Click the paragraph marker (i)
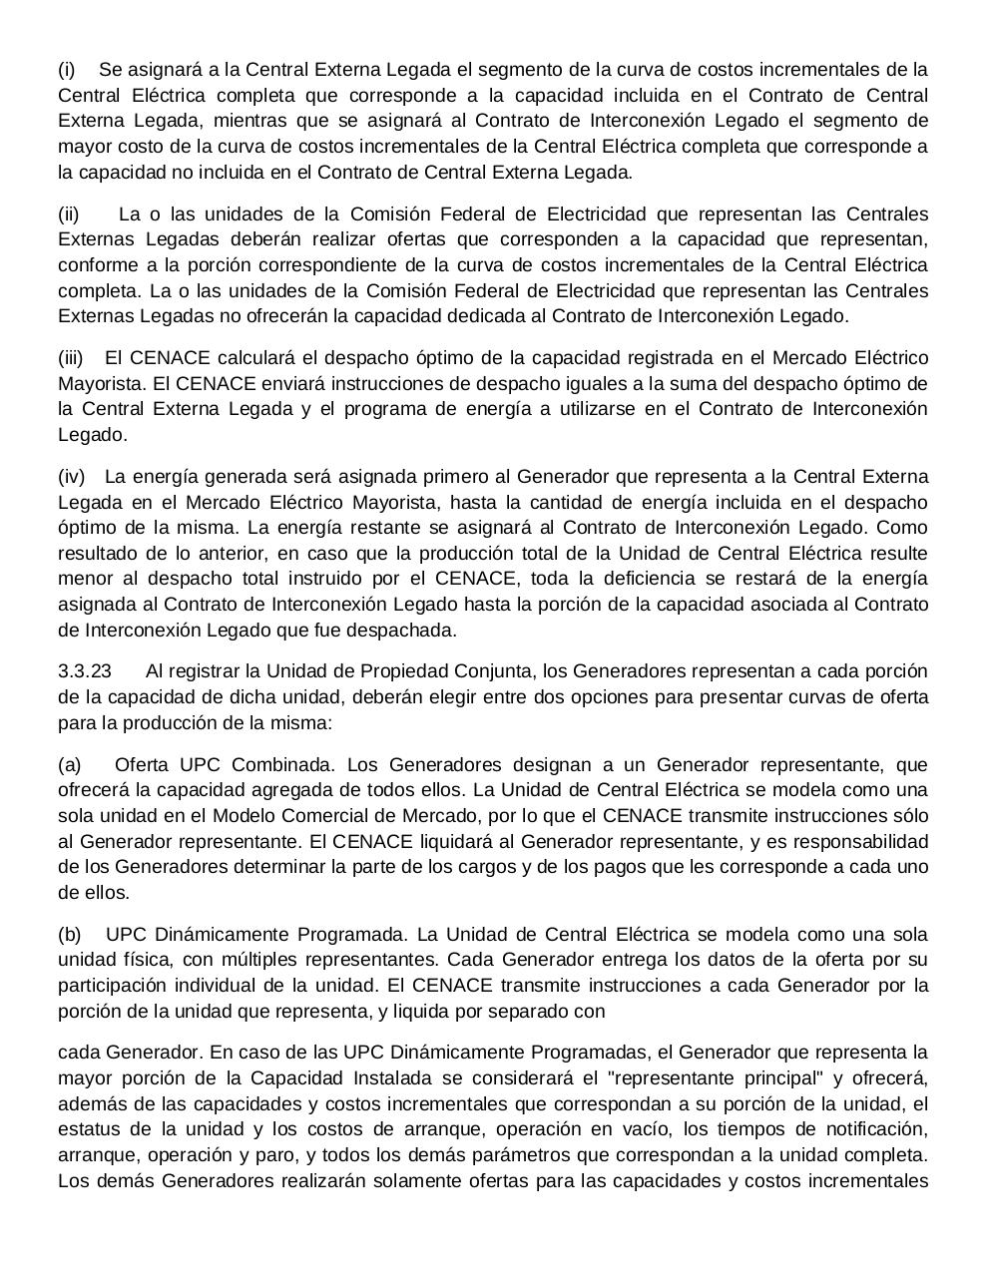(x=67, y=70)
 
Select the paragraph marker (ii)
(x=69, y=214)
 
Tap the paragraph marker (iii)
(x=71, y=358)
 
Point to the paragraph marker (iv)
(x=71, y=477)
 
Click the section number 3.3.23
(x=85, y=671)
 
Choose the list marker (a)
(x=70, y=765)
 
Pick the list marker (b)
(x=70, y=935)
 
